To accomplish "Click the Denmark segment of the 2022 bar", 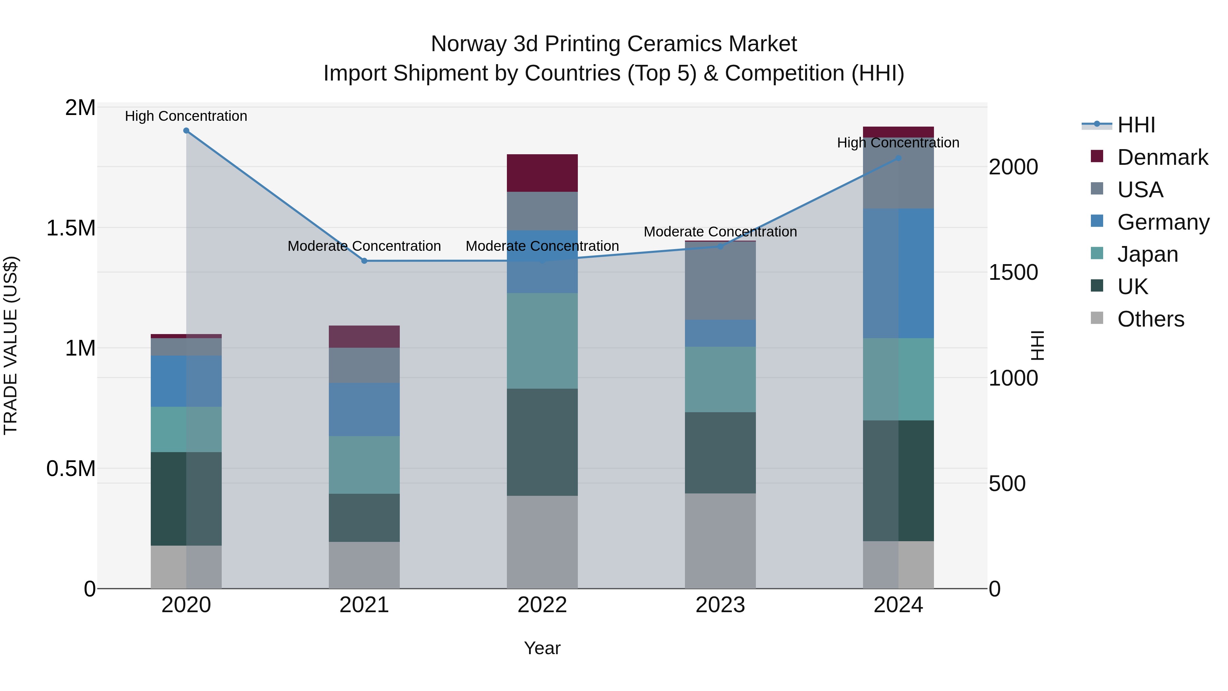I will point(542,173).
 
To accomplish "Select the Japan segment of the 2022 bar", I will point(542,341).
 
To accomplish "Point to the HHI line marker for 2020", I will point(186,131).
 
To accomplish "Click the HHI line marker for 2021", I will point(364,261).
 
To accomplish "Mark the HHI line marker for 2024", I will point(898,158).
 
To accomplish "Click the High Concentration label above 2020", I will point(186,116).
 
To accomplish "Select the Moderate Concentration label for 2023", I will point(720,232).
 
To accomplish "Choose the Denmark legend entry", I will point(1162,157).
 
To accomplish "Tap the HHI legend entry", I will point(1136,125).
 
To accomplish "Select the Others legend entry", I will point(1150,319).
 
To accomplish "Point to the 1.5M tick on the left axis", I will point(71,228).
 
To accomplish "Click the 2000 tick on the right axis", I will point(1013,167).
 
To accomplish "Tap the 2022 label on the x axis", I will point(542,605).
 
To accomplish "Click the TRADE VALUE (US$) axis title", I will point(11,345).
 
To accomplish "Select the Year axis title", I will point(542,648).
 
